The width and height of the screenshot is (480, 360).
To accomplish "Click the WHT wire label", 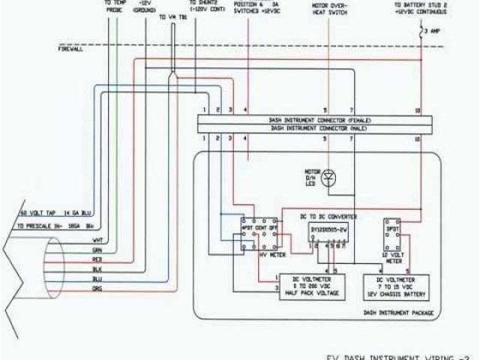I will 98,240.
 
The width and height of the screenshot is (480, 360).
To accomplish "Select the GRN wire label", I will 98,250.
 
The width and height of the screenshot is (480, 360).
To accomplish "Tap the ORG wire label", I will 98,288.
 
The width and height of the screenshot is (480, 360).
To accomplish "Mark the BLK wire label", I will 98,268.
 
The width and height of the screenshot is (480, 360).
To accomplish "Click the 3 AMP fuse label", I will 433,32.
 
